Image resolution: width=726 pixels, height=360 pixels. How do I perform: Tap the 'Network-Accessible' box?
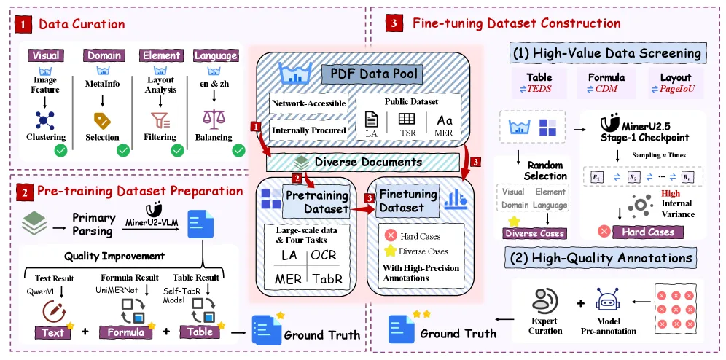[308, 103]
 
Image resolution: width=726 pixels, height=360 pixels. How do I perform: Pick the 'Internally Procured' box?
[308, 130]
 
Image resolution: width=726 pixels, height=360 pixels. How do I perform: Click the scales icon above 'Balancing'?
[214, 120]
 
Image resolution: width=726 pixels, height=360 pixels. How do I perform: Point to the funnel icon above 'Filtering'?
[160, 120]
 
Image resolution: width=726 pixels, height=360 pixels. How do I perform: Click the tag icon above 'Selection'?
[102, 120]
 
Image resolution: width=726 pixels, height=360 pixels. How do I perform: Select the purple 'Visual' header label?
[45, 55]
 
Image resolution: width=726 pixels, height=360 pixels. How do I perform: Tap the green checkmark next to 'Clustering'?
[60, 150]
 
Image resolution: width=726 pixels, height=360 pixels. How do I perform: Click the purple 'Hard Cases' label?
[648, 232]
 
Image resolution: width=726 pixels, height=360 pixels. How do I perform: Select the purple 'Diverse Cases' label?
[535, 233]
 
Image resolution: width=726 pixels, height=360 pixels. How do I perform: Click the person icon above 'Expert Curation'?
[544, 300]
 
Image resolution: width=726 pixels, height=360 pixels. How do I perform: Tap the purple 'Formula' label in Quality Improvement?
[125, 332]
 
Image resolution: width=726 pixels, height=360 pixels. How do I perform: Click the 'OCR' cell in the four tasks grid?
[324, 255]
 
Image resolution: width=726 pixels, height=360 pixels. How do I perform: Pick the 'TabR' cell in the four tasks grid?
[324, 278]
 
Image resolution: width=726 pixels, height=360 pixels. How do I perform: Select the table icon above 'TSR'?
[406, 119]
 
